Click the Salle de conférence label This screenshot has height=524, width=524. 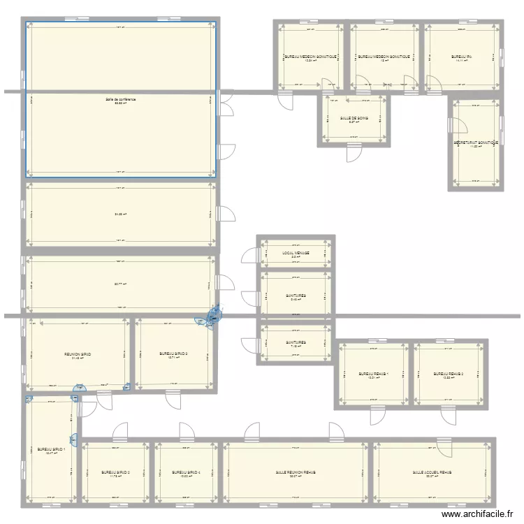pyautogui.click(x=121, y=100)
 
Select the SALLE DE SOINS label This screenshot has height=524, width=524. pyautogui.click(x=354, y=119)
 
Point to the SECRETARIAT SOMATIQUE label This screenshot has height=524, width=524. pyautogui.click(x=474, y=143)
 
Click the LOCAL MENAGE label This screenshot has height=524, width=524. pyautogui.click(x=296, y=253)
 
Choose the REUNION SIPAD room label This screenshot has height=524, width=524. pyautogui.click(x=77, y=354)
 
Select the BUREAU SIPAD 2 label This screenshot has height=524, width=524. pyautogui.click(x=115, y=473)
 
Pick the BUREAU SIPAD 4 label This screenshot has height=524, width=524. pyautogui.click(x=186, y=473)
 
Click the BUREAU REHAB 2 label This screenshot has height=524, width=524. pyautogui.click(x=449, y=374)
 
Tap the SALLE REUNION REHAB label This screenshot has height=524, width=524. pyautogui.click(x=295, y=473)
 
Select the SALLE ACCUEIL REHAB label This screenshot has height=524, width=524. pyautogui.click(x=432, y=473)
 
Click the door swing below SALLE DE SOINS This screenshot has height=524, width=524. pyautogui.click(x=354, y=153)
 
